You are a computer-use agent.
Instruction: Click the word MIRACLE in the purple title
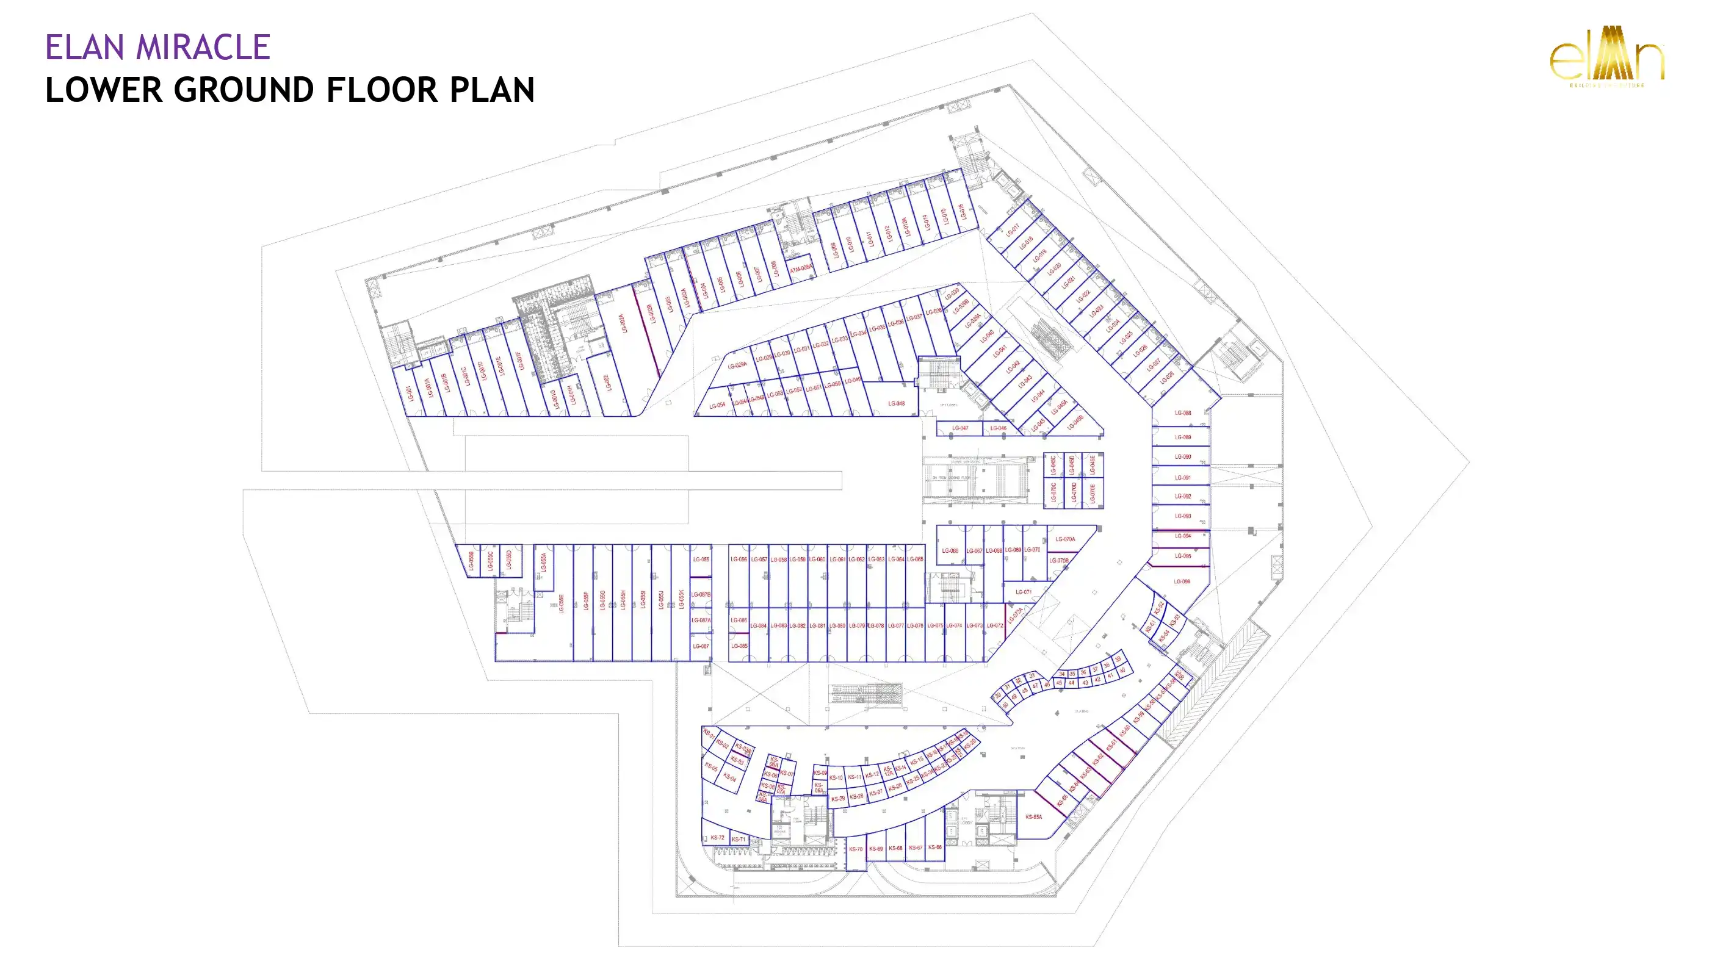pyautogui.click(x=203, y=48)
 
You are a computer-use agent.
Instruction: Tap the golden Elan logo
pyautogui.click(x=1606, y=57)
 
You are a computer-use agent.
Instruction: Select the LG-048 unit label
pyautogui.click(x=895, y=403)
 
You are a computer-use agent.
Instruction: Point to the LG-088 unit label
pyautogui.click(x=1182, y=412)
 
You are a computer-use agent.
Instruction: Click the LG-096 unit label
pyautogui.click(x=1182, y=581)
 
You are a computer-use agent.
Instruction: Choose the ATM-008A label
pyautogui.click(x=801, y=268)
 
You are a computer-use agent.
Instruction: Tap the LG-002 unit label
pyautogui.click(x=606, y=383)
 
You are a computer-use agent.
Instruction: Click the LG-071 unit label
pyautogui.click(x=1023, y=592)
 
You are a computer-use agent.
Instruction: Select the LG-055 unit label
pyautogui.click(x=701, y=559)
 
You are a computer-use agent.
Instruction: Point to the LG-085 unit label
pyautogui.click(x=739, y=646)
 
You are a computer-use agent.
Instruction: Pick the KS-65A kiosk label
pyautogui.click(x=1033, y=816)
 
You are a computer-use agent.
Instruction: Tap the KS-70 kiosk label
pyautogui.click(x=856, y=849)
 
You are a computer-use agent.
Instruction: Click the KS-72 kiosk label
pyautogui.click(x=717, y=838)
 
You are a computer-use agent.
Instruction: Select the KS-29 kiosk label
pyautogui.click(x=838, y=799)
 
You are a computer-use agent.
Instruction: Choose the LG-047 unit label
pyautogui.click(x=960, y=428)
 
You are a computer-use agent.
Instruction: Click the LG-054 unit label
pyautogui.click(x=717, y=405)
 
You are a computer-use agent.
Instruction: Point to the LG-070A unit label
pyautogui.click(x=1065, y=539)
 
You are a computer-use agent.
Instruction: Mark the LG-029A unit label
pyautogui.click(x=737, y=365)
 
